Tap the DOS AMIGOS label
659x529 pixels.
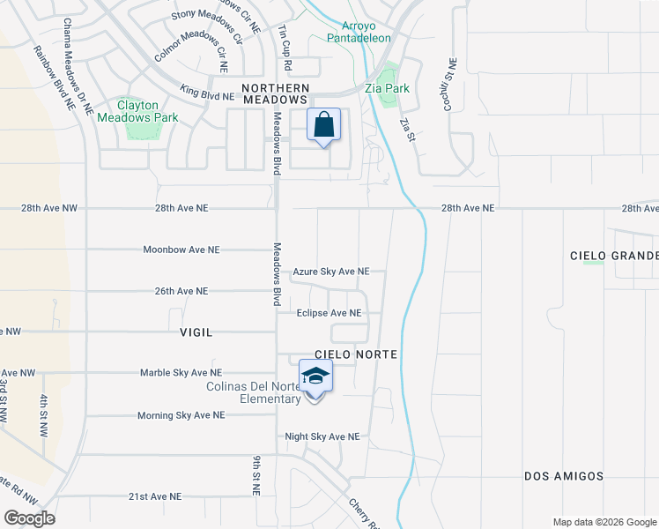tap(564, 476)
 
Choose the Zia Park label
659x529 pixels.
tap(388, 89)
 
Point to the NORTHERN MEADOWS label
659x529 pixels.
tap(276, 94)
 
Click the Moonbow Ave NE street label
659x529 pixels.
tap(181, 250)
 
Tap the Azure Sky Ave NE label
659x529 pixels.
tap(330, 272)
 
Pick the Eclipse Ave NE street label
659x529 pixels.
tap(329, 313)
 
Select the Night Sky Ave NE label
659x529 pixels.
tap(322, 436)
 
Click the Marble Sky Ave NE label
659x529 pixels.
tap(181, 373)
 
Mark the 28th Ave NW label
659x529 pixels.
tap(49, 208)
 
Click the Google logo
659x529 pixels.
tap(29, 518)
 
